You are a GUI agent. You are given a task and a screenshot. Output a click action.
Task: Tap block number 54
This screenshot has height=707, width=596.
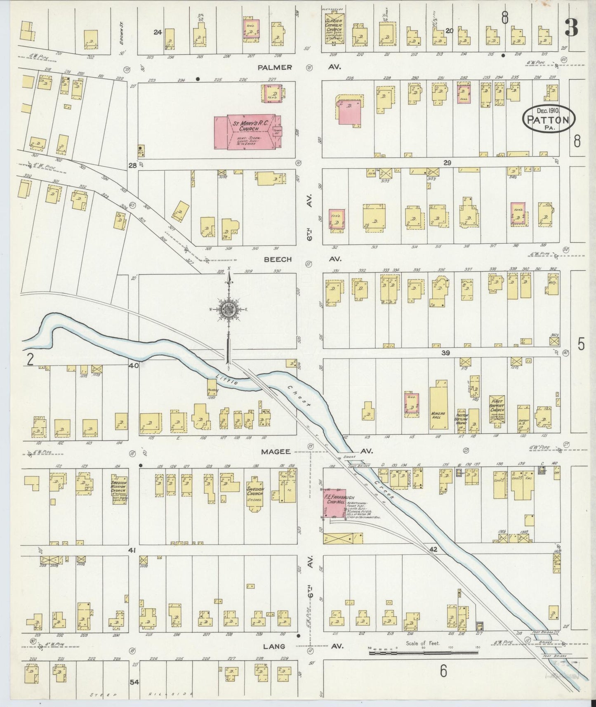coord(134,682)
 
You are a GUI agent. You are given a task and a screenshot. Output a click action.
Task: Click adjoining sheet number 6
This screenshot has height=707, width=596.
coord(443,671)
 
